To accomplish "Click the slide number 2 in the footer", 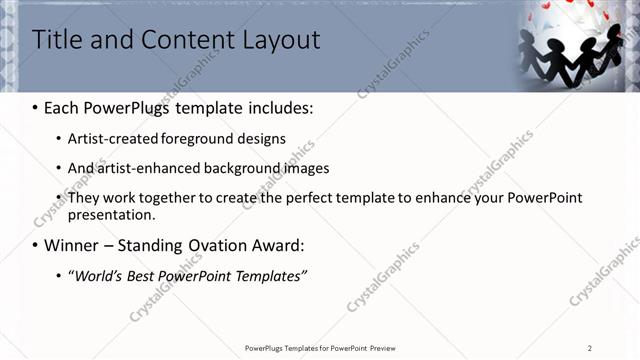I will [590, 348].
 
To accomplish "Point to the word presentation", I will [112, 214].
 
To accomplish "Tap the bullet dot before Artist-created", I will [58, 139].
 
